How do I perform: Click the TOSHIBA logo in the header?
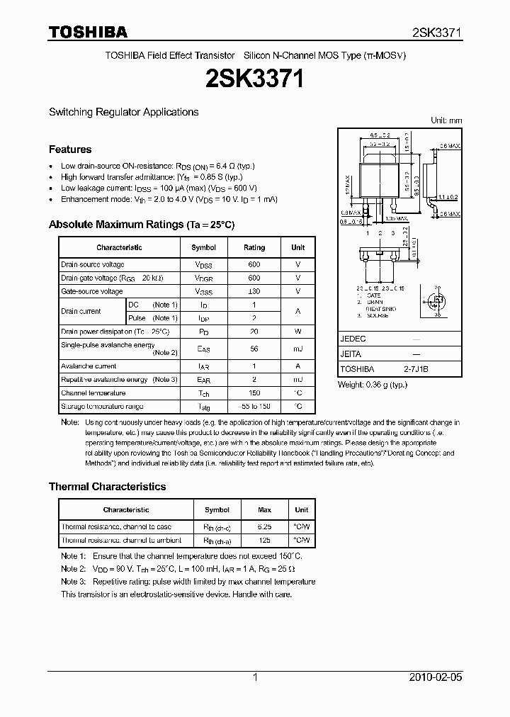click(88, 31)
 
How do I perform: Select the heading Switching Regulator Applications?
click(123, 112)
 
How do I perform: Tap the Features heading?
click(70, 149)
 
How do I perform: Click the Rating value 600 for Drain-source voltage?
click(254, 264)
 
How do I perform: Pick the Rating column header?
click(254, 247)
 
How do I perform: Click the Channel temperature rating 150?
click(254, 393)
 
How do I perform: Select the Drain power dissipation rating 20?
click(254, 331)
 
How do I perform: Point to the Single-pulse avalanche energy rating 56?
click(254, 349)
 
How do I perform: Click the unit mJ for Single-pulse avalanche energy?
click(297, 349)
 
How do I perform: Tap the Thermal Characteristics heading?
click(107, 487)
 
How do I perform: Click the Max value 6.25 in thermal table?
click(264, 526)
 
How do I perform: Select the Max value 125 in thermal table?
click(264, 541)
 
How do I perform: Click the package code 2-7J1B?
click(416, 369)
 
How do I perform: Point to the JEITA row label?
click(351, 354)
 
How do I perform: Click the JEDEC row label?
click(353, 339)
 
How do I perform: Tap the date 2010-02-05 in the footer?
click(436, 677)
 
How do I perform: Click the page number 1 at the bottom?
click(255, 677)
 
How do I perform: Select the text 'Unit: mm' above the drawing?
click(446, 121)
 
